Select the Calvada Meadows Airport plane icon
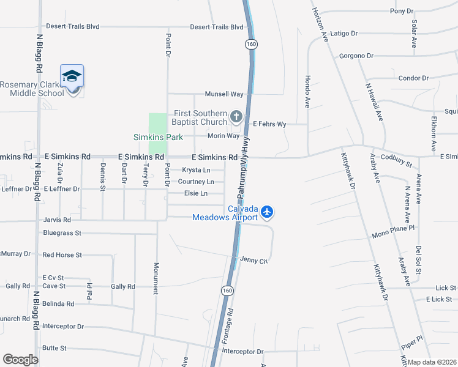(x=267, y=212)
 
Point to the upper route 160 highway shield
(x=251, y=44)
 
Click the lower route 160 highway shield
(x=227, y=291)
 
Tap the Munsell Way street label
(x=224, y=94)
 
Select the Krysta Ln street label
(x=196, y=170)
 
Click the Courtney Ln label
(x=196, y=182)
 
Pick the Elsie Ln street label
(x=196, y=193)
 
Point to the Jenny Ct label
(x=255, y=260)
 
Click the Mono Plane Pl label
(x=394, y=235)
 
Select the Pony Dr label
(x=402, y=11)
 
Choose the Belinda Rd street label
(x=58, y=303)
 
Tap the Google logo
(x=20, y=360)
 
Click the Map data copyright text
(x=432, y=362)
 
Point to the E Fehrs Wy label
(x=270, y=124)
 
